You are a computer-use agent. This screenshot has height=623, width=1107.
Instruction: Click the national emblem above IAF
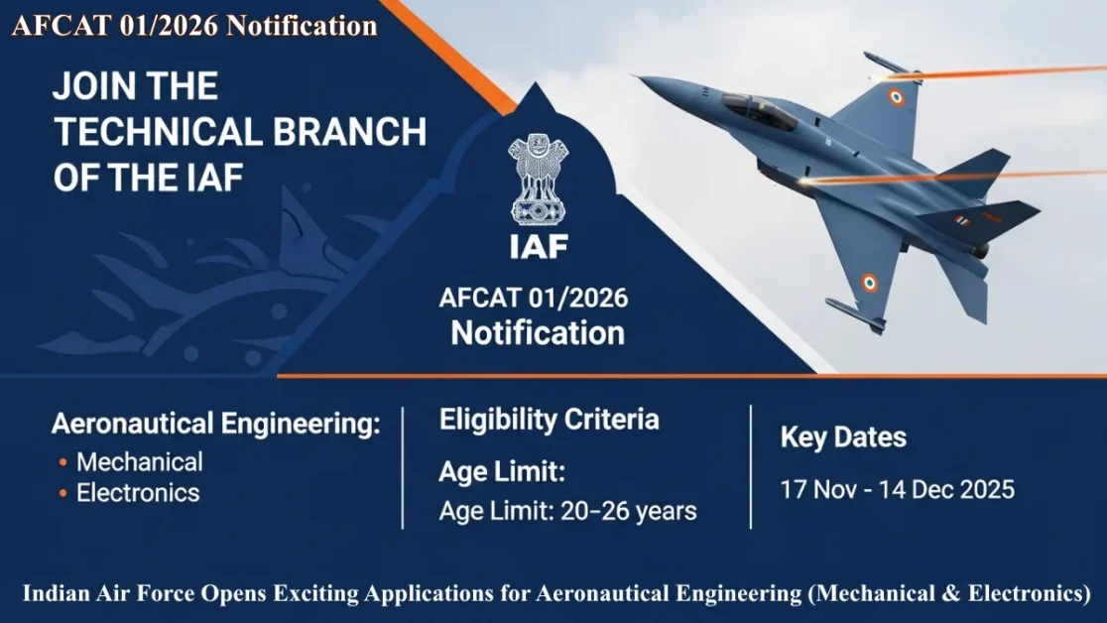click(539, 179)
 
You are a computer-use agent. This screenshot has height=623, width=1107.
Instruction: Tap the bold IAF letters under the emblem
click(539, 245)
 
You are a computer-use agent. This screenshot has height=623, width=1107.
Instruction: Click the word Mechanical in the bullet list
click(140, 461)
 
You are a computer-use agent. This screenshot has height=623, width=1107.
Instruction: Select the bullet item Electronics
click(138, 493)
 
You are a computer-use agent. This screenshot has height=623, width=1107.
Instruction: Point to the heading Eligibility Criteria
click(549, 420)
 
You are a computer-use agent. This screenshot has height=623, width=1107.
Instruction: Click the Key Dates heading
click(843, 436)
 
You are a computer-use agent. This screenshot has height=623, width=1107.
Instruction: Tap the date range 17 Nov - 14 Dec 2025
click(897, 489)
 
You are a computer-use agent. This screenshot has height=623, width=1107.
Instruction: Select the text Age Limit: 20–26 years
click(567, 512)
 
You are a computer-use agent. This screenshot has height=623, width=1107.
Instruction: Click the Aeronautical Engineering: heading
click(216, 425)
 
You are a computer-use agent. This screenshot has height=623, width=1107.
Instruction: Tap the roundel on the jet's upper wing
click(896, 96)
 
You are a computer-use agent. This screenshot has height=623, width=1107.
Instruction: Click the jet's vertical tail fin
click(977, 164)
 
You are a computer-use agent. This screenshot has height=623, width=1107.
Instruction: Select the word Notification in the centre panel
click(538, 332)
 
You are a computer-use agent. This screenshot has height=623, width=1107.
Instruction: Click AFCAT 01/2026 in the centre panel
click(534, 299)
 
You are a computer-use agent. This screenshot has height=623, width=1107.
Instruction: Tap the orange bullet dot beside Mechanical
click(63, 462)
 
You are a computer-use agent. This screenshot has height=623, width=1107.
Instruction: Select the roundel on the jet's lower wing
click(869, 284)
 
